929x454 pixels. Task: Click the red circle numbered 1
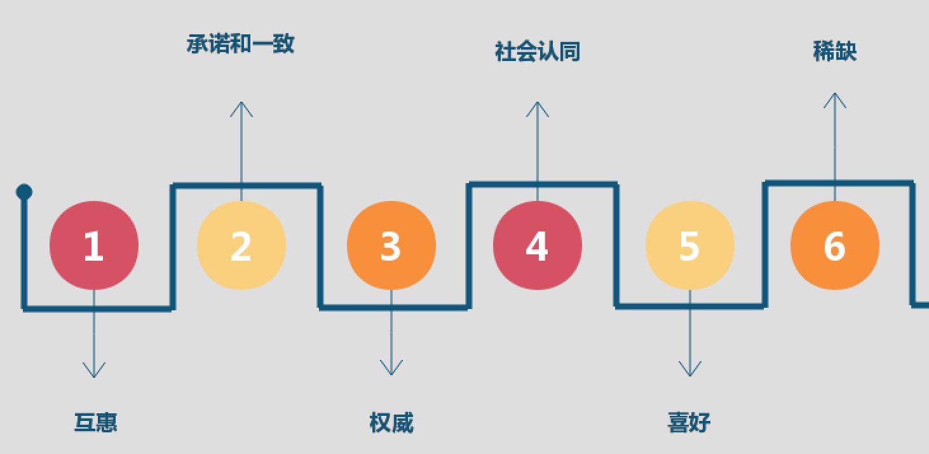94,245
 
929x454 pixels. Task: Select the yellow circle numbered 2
241,245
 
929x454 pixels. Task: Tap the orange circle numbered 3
391,245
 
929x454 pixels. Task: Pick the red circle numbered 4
538,245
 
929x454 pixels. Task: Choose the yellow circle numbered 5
690,245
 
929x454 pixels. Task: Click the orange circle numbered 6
835,245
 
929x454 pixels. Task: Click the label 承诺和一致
241,44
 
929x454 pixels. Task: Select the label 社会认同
538,52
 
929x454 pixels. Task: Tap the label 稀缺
835,51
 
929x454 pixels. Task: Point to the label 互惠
96,422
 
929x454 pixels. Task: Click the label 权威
391,422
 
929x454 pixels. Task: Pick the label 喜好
689,422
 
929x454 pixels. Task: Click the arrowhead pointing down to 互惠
94,371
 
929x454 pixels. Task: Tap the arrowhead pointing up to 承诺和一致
241,107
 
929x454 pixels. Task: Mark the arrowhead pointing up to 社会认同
538,107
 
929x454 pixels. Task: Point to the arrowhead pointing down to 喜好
690,370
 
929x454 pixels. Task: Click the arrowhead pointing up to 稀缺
835,99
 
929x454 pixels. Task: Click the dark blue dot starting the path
24,192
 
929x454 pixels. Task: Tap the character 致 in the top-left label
283,44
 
